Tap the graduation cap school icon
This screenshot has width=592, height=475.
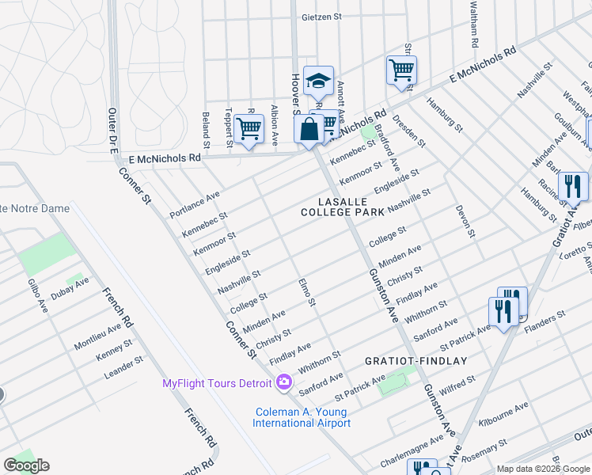tap(318, 81)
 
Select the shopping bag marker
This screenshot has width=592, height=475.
tap(309, 129)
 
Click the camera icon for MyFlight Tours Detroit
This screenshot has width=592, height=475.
tap(284, 384)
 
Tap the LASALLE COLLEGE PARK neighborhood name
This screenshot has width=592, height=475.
tap(342, 207)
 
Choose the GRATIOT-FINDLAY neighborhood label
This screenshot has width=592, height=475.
tap(416, 361)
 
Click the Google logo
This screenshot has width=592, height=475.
tap(26, 465)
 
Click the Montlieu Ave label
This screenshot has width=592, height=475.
tap(98, 336)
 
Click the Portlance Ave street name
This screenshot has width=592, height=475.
tap(195, 205)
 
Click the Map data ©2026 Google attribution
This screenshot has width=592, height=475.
tap(542, 469)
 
